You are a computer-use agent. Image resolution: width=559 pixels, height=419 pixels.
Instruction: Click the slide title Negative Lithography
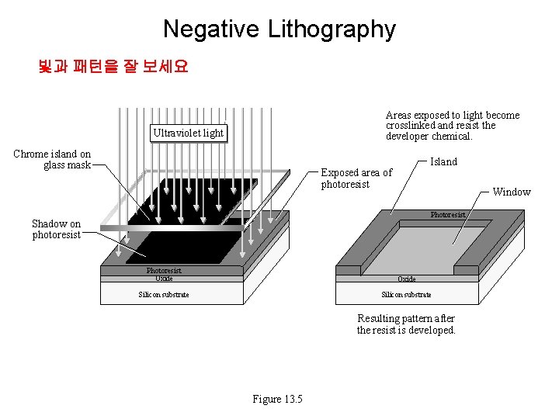pyautogui.click(x=279, y=29)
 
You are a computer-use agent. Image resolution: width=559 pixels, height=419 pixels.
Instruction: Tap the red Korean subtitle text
pyautogui.click(x=113, y=67)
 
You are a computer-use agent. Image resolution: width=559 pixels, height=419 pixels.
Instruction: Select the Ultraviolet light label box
pyautogui.click(x=188, y=133)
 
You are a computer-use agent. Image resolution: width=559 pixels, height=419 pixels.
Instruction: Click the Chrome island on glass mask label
pyautogui.click(x=52, y=159)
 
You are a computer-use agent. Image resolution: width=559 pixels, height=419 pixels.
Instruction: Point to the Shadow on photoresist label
pyautogui.click(x=56, y=229)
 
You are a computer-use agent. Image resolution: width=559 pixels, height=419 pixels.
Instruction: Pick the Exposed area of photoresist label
pyautogui.click(x=356, y=178)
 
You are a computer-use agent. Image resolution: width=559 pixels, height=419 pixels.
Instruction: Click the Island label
pyautogui.click(x=443, y=161)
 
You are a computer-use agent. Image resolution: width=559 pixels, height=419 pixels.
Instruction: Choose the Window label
pyautogui.click(x=512, y=192)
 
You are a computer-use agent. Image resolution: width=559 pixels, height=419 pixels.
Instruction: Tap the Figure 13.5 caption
pyautogui.click(x=277, y=399)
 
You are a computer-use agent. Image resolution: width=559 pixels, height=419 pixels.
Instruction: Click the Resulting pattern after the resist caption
pyautogui.click(x=406, y=324)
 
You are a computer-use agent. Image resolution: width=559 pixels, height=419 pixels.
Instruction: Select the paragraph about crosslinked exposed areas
pyautogui.click(x=452, y=126)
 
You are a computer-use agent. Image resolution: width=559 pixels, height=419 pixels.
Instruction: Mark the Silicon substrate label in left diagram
pyautogui.click(x=164, y=295)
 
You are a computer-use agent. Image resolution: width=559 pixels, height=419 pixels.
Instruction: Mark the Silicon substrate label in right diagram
pyautogui.click(x=406, y=295)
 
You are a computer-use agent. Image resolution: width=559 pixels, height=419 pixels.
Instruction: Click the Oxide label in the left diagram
pyautogui.click(x=164, y=279)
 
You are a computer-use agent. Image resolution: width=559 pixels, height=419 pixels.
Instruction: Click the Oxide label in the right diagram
pyautogui.click(x=406, y=279)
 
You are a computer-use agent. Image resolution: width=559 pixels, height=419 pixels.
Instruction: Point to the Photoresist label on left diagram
pyautogui.click(x=164, y=271)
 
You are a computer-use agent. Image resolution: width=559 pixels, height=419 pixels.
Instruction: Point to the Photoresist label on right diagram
pyautogui.click(x=448, y=215)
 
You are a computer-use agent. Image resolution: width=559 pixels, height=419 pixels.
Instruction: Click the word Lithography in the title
pyautogui.click(x=332, y=29)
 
